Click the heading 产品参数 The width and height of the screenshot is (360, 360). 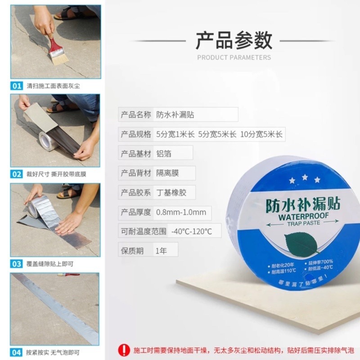pos(234,40)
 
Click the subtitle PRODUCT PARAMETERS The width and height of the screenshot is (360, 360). pos(234,58)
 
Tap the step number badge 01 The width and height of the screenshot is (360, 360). pos(17,85)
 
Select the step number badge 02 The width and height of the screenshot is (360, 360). pos(17,174)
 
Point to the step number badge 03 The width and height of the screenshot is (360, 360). pos(17,264)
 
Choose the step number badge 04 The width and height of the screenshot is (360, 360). pos(17,352)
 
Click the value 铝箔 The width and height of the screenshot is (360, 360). pos(164,153)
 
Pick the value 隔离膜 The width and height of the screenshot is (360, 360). pos(168,173)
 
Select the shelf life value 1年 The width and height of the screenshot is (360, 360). pos(161,251)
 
